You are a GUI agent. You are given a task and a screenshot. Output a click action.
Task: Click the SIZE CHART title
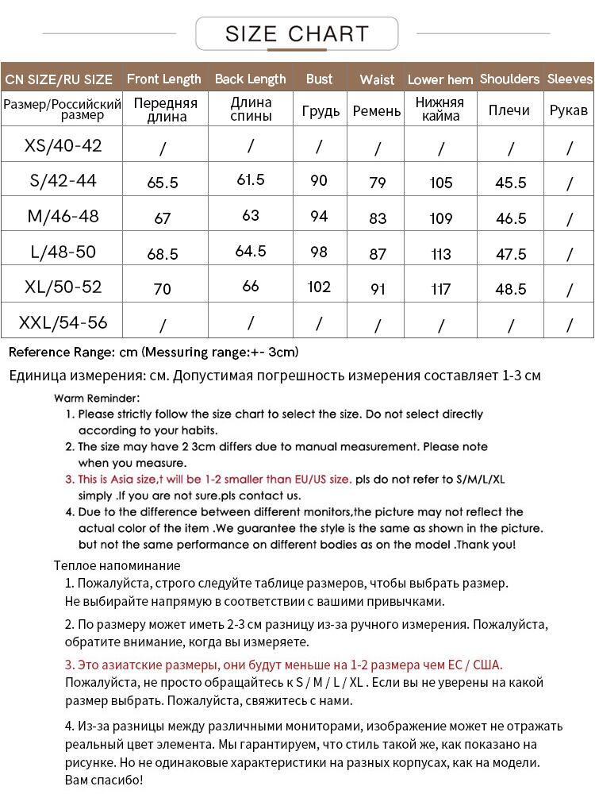297,33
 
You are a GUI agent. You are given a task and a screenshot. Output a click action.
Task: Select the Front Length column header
164,79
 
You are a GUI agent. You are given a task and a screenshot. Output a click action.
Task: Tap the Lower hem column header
440,79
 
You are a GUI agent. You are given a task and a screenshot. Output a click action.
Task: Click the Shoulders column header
509,79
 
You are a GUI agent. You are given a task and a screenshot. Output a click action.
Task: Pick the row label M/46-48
63,217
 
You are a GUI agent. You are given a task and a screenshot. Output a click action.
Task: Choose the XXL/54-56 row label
63,323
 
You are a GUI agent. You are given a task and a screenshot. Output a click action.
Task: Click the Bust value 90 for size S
319,181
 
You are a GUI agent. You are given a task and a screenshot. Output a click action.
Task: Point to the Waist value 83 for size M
378,218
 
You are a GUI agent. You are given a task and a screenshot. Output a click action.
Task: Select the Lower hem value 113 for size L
441,254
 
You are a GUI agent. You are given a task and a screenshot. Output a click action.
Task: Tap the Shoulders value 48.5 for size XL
511,289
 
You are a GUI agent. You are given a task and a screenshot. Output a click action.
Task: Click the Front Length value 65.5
163,183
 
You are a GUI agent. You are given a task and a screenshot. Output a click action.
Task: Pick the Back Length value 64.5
251,251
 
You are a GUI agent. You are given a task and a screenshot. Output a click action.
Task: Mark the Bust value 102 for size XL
319,287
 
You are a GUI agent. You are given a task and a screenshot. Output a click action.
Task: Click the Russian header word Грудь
321,110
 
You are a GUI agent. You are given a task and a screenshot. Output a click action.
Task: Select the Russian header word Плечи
509,110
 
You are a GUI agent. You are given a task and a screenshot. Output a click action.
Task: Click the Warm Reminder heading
97,398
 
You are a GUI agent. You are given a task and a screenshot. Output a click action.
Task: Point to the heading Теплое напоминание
117,565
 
